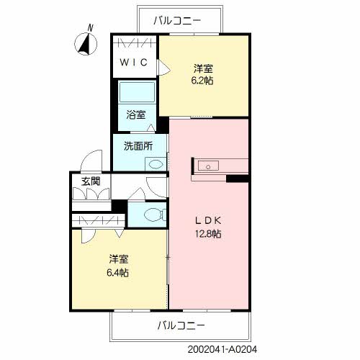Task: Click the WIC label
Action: pos(134,63)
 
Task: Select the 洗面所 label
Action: pos(138,145)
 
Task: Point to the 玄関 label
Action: pos(90,181)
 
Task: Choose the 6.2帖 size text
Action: pos(202,81)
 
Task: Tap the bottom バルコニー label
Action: pos(181,325)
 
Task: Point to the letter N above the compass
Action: pos(90,28)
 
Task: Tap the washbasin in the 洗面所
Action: pos(154,163)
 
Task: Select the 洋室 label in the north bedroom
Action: pos(202,68)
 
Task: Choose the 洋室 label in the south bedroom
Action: pos(119,259)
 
